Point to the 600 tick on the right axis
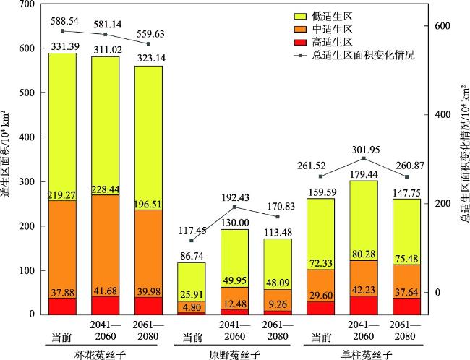click(x=443, y=26)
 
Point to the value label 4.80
click(x=192, y=306)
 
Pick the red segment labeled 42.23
click(x=364, y=304)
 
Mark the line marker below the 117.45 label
click(x=192, y=241)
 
